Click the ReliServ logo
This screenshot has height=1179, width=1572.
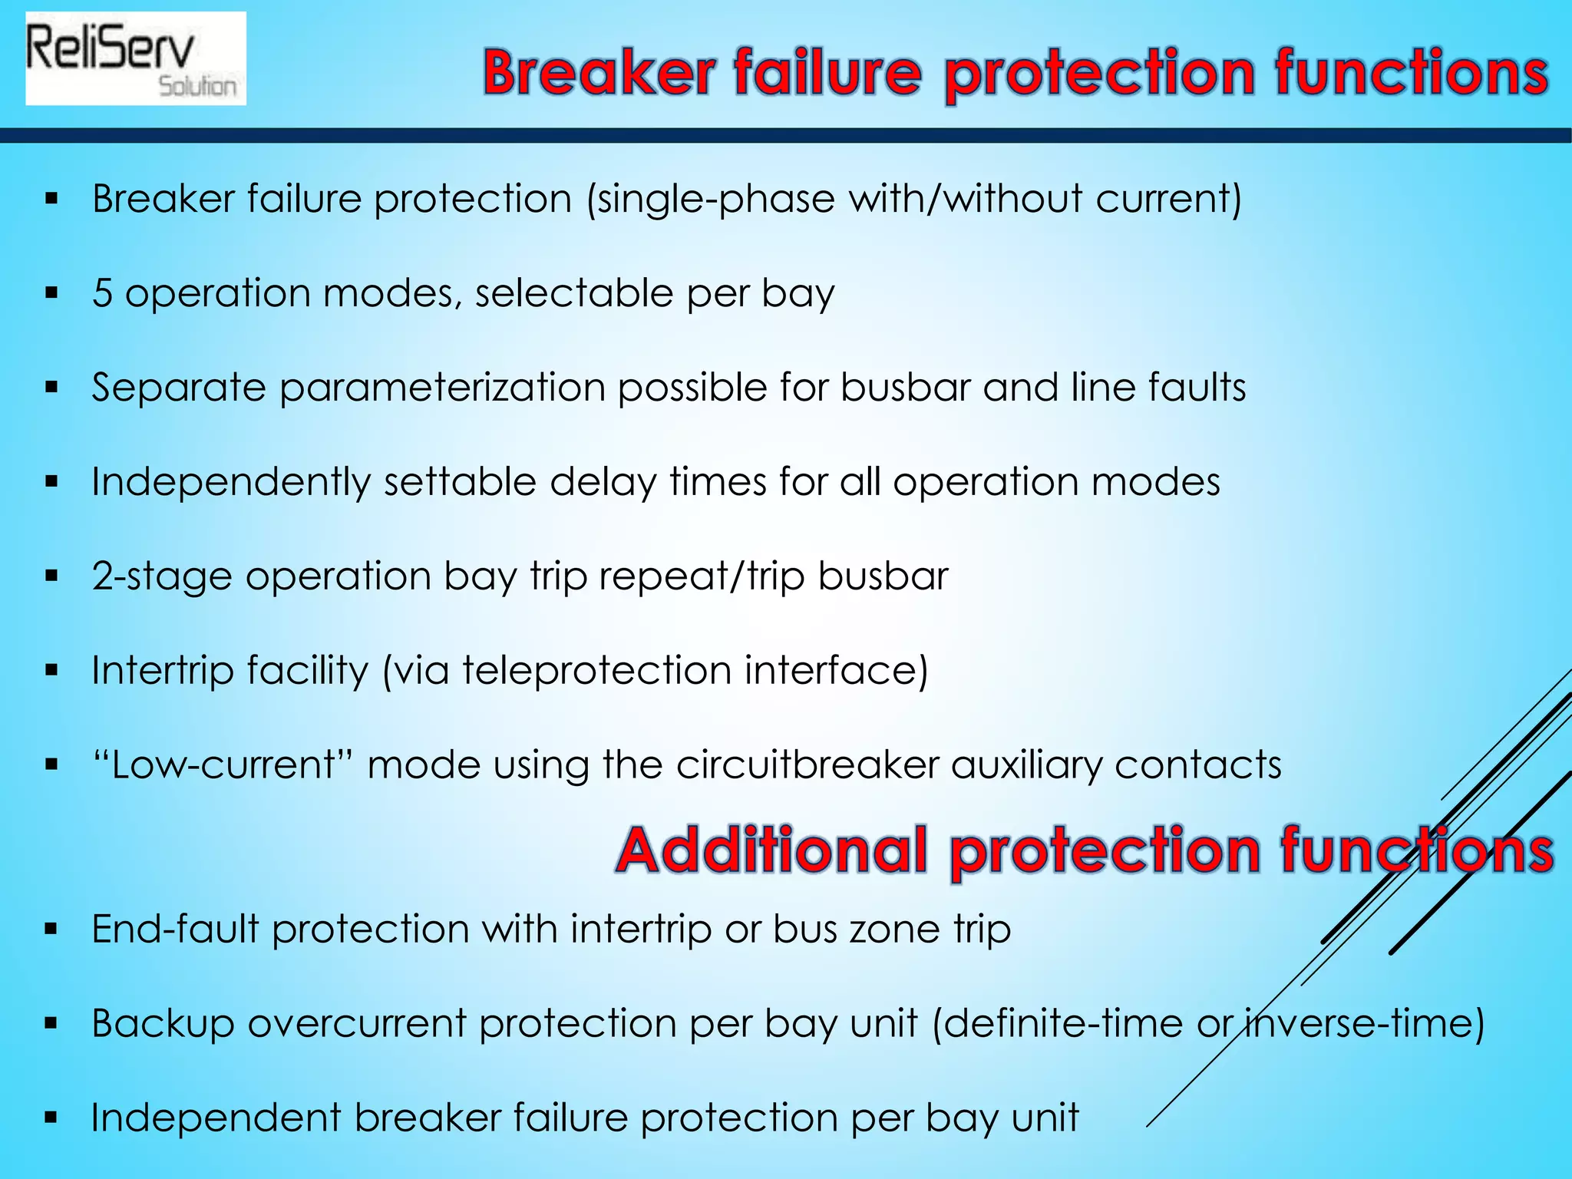[x=135, y=58]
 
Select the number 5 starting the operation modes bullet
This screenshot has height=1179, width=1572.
[x=102, y=293]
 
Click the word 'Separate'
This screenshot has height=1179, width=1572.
[x=178, y=388]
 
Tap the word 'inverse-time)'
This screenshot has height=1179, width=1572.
[x=1364, y=1023]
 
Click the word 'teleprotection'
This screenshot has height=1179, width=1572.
[x=596, y=670]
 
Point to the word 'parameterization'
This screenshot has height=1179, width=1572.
[x=442, y=388]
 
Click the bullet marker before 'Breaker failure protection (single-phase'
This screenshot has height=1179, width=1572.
[x=51, y=200]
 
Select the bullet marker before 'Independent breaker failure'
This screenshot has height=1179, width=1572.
[x=51, y=1118]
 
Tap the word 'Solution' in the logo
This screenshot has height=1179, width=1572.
[x=197, y=86]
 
